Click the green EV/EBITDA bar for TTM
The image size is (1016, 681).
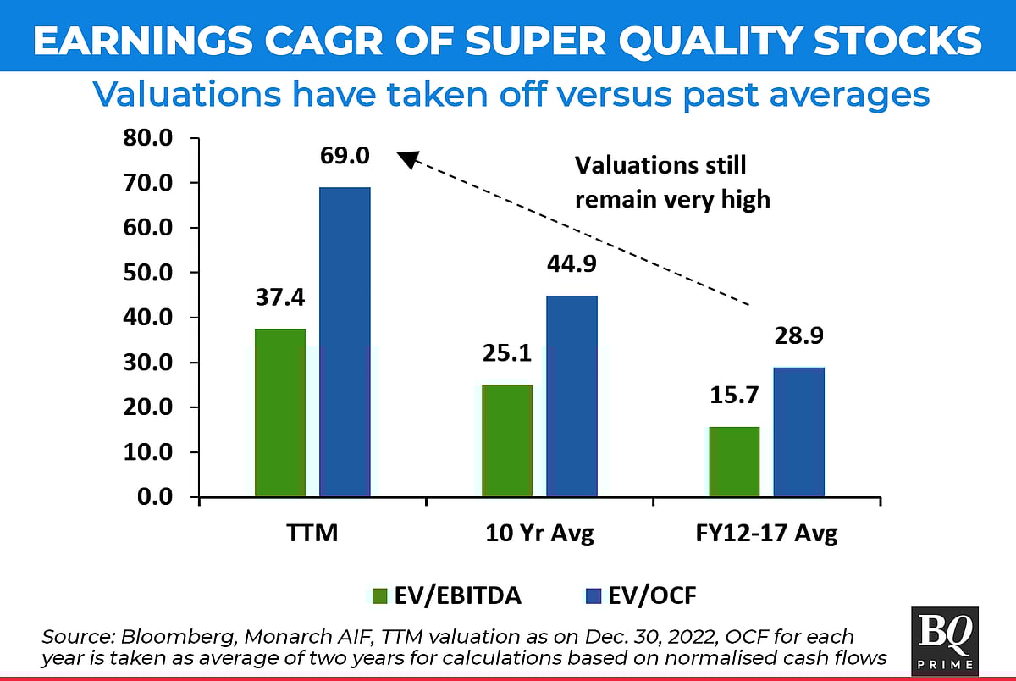(x=279, y=412)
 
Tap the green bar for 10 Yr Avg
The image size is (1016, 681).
(x=506, y=440)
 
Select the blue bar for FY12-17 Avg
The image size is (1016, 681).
(x=798, y=432)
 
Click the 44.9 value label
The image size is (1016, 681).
(x=571, y=263)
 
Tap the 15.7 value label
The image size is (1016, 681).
(x=732, y=395)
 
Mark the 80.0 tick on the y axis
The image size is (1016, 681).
(x=149, y=138)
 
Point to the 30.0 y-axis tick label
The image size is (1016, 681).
(x=149, y=363)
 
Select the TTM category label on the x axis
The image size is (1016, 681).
(x=312, y=534)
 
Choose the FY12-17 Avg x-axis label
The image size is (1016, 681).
(x=766, y=534)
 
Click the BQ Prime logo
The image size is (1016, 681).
(x=945, y=640)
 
